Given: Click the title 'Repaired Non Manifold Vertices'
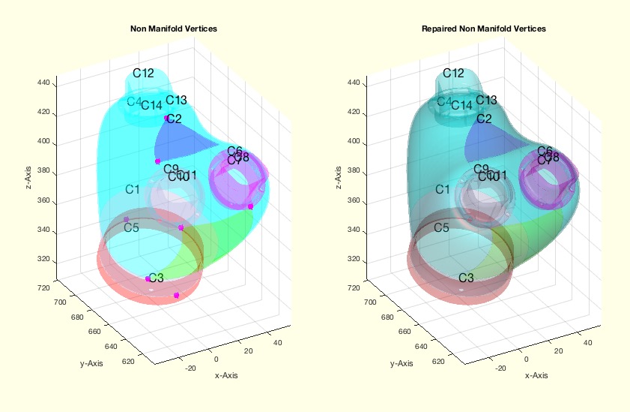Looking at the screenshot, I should (x=483, y=29).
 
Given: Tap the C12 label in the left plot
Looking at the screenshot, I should (x=143, y=73).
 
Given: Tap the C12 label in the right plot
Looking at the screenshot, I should (x=453, y=73).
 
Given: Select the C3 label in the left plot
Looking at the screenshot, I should (x=156, y=278).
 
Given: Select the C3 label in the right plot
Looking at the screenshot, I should (x=466, y=278).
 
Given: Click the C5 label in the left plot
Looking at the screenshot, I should (x=131, y=227).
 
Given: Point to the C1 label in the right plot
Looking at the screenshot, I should (x=443, y=189).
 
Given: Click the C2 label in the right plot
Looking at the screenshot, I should (x=484, y=119).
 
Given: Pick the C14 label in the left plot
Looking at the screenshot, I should (x=151, y=105).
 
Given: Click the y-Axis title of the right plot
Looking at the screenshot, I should (x=401, y=363).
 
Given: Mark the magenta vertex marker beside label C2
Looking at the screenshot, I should (x=166, y=118).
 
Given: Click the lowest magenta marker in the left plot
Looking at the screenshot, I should (x=176, y=296).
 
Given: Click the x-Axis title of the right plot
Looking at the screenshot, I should (x=536, y=375).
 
